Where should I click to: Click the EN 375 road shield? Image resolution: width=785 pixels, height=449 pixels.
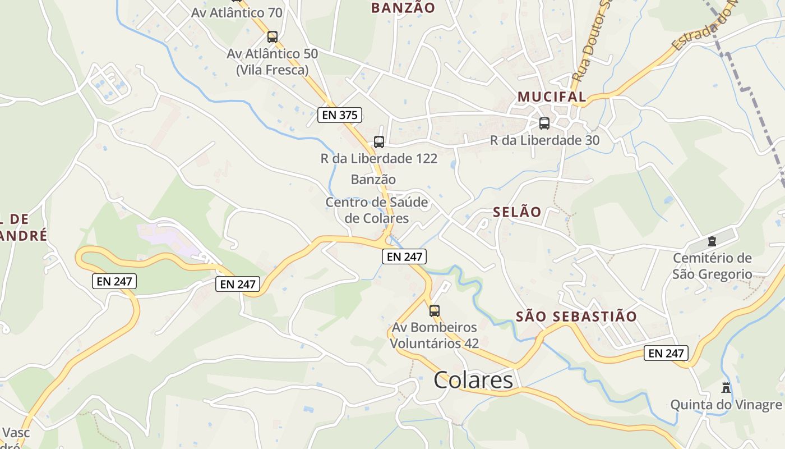click(340, 115)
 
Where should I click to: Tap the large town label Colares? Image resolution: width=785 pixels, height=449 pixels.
click(473, 380)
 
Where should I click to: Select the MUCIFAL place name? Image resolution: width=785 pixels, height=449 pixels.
click(552, 97)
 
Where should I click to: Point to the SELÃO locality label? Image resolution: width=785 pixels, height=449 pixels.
click(517, 212)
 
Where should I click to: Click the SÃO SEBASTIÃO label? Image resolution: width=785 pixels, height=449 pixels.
click(576, 317)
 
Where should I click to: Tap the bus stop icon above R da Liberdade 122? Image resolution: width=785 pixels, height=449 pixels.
click(379, 142)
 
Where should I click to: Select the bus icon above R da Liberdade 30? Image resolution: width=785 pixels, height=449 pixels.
click(544, 123)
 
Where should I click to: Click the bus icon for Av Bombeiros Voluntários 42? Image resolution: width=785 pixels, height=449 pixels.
click(435, 310)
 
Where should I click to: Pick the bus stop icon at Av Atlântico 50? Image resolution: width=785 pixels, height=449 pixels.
click(273, 37)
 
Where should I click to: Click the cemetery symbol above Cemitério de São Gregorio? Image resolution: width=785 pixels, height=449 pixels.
click(712, 241)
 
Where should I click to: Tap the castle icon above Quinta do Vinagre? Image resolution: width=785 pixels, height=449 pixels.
click(726, 387)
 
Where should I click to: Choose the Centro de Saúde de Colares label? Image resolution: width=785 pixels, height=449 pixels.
click(377, 210)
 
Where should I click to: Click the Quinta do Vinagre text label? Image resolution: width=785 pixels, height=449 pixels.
click(726, 405)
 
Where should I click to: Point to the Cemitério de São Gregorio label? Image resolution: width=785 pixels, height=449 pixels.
click(712, 266)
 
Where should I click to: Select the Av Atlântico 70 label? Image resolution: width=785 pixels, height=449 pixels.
click(237, 12)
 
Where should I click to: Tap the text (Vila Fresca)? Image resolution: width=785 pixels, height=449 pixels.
click(273, 70)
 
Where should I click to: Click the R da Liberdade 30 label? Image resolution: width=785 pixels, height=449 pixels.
click(544, 140)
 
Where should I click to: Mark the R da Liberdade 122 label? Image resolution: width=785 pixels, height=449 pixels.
click(379, 159)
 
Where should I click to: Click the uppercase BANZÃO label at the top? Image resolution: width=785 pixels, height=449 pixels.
click(403, 8)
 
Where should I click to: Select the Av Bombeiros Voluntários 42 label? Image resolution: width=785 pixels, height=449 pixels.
click(435, 335)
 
